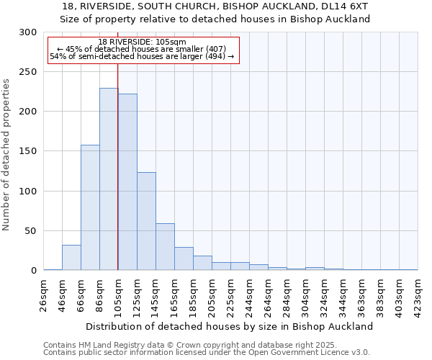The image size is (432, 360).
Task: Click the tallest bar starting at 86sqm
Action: (x=109, y=179)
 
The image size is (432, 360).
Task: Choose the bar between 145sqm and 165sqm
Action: (x=165, y=247)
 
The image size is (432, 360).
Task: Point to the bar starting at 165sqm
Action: (x=184, y=258)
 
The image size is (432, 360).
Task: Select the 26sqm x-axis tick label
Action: (x=44, y=294)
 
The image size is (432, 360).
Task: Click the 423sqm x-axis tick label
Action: (x=418, y=294)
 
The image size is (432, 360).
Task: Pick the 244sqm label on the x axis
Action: (x=250, y=294)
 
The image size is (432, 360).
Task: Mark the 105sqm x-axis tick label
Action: (x=119, y=294)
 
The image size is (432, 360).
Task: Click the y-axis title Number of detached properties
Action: (x=7, y=155)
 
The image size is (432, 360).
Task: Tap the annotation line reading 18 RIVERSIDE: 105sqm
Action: (x=142, y=42)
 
